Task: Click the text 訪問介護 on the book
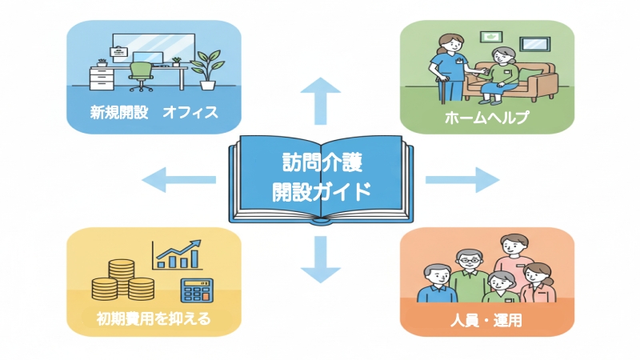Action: coord(320,166)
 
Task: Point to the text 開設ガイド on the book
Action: coord(320,192)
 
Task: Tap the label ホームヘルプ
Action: coord(486,117)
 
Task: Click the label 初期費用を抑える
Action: coord(154,319)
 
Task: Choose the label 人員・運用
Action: coord(486,324)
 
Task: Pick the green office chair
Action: coord(141,74)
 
